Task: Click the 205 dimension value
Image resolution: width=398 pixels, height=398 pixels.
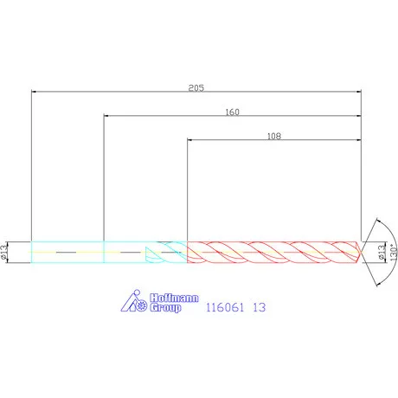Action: [x=196, y=87]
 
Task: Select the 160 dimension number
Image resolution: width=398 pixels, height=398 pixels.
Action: [x=232, y=112]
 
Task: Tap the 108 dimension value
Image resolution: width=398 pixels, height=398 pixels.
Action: [x=274, y=136]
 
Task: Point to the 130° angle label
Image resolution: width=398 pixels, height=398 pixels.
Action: [x=392, y=253]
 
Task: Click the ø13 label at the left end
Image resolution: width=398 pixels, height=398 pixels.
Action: [x=5, y=251]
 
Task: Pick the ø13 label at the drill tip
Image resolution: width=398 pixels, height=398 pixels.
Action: [x=382, y=251]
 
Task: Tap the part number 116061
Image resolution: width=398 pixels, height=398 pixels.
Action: [x=226, y=306]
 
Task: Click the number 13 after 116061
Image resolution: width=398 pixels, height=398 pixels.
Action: [x=258, y=306]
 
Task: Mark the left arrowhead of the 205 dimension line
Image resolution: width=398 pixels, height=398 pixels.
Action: [x=34, y=90]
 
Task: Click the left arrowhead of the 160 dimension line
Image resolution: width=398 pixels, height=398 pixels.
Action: [x=106, y=115]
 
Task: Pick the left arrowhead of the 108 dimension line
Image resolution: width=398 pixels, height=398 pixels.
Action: [x=190, y=139]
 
